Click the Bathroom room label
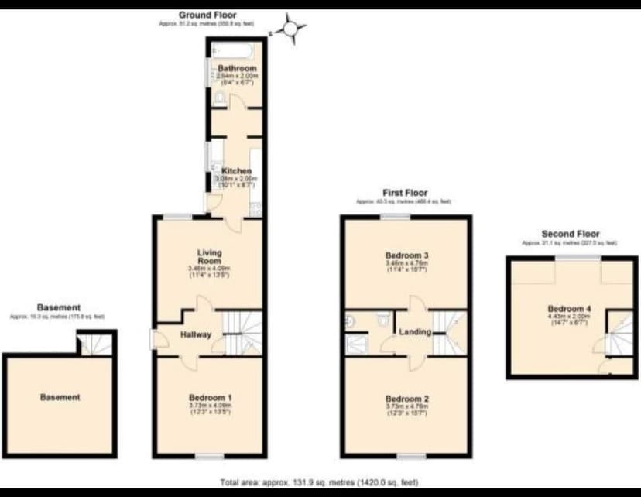(237, 69)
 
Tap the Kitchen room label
(237, 171)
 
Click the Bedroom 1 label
(211, 398)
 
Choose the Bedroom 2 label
(406, 399)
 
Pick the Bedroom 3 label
(406, 255)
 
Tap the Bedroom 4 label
(573, 310)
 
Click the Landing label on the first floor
(415, 332)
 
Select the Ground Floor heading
(207, 15)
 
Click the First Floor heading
(405, 193)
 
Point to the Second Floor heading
(571, 234)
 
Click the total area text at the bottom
(320, 482)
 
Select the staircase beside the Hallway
(242, 331)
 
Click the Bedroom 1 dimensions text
(211, 410)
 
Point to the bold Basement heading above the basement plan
(58, 307)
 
